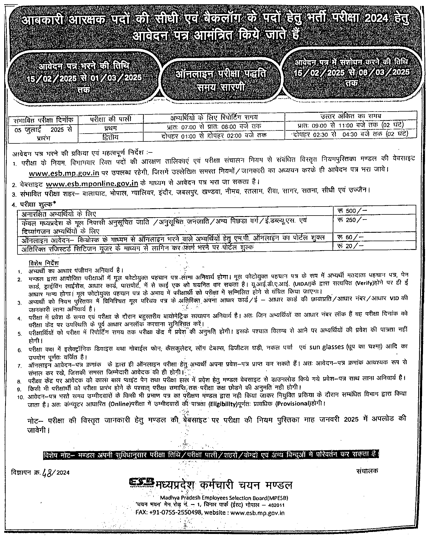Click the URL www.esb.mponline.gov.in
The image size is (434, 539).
point(92,184)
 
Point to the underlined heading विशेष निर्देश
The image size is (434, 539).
point(44,263)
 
